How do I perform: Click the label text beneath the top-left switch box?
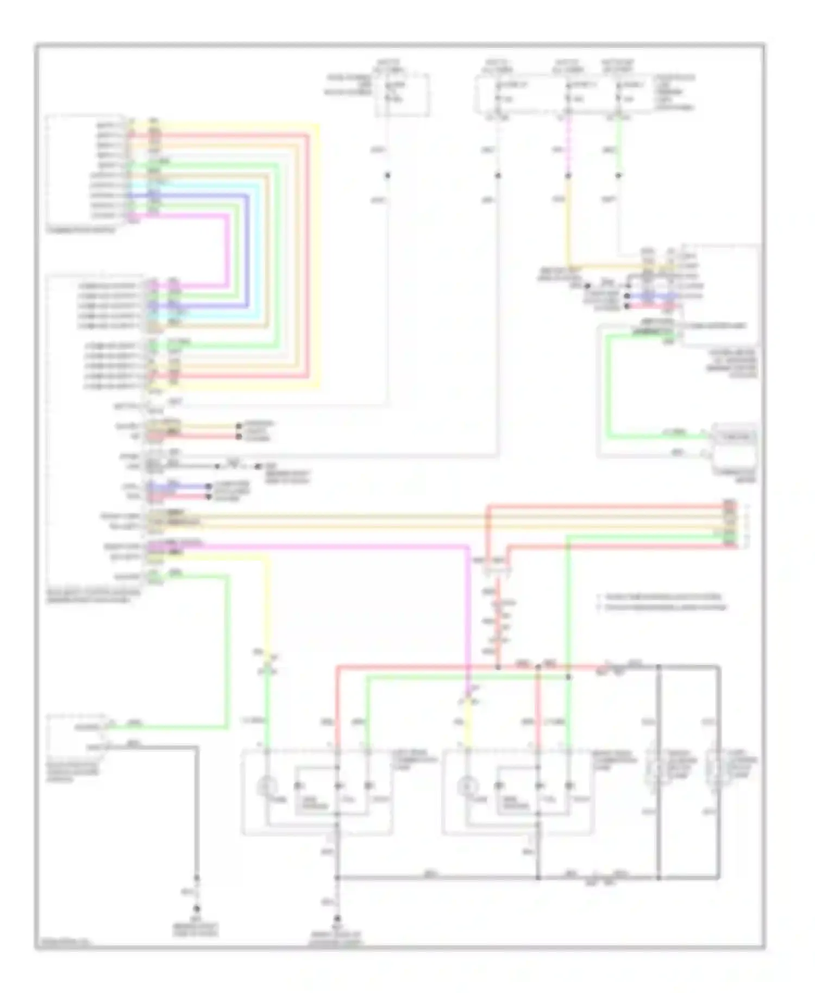click(x=81, y=230)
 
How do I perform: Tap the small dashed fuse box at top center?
click(x=402, y=96)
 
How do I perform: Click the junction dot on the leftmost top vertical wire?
click(x=388, y=175)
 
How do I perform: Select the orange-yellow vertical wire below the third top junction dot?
click(x=568, y=223)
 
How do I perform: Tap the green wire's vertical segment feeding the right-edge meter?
click(x=609, y=386)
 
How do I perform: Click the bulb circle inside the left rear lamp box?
click(x=267, y=785)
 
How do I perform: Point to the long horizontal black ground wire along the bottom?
click(x=435, y=877)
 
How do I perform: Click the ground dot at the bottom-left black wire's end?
click(x=197, y=909)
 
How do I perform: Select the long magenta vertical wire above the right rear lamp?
click(x=468, y=608)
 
